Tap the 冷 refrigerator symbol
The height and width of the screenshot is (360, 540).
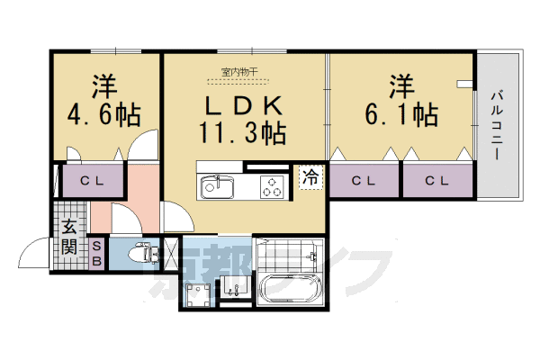point(310,178)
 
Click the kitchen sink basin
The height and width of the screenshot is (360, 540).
point(216,186)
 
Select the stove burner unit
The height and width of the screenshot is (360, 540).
point(272,186)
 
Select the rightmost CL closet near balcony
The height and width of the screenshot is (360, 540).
point(436,181)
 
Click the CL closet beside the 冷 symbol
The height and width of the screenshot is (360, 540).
point(363,181)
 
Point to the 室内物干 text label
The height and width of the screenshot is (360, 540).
point(237,70)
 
